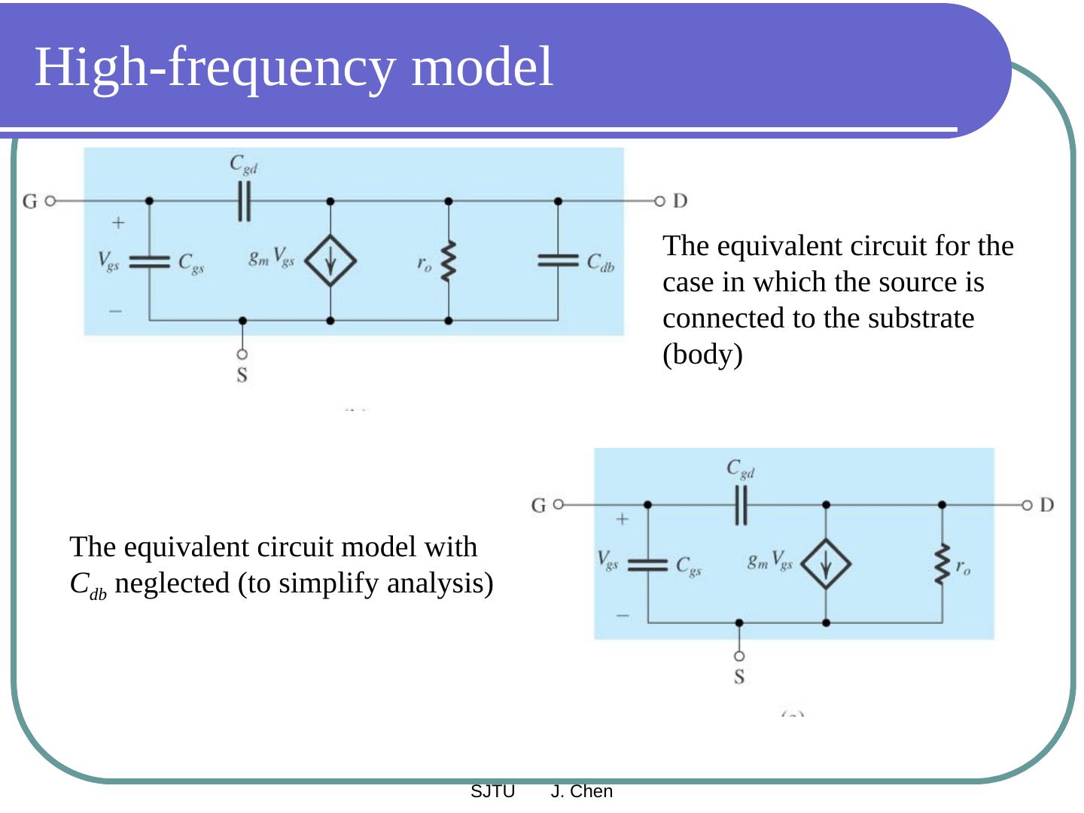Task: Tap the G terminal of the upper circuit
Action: click(x=50, y=201)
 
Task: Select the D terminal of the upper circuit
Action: click(x=660, y=201)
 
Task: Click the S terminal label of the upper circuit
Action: click(x=242, y=374)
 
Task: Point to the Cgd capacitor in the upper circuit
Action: click(x=244, y=200)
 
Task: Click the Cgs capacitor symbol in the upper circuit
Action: click(x=149, y=261)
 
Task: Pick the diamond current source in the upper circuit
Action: click(x=330, y=260)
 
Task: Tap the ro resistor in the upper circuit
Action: click(x=448, y=261)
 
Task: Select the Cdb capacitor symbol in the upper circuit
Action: click(x=558, y=260)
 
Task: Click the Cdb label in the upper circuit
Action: click(x=601, y=263)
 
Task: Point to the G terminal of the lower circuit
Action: click(x=558, y=504)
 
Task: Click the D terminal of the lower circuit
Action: click(x=1027, y=504)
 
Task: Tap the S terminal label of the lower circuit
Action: click(x=739, y=677)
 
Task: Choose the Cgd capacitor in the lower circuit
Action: click(x=741, y=504)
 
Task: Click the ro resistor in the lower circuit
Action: click(x=942, y=565)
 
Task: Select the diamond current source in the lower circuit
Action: click(x=826, y=564)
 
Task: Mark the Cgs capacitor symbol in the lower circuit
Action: click(x=647, y=564)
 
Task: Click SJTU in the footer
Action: click(x=492, y=791)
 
